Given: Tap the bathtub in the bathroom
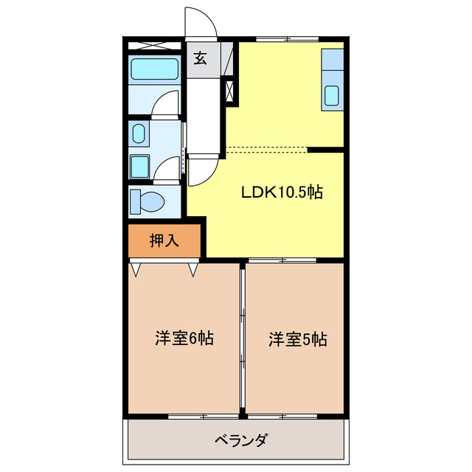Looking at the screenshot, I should coord(154,71).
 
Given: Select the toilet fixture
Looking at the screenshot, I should coord(147,201).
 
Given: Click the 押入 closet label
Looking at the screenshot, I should coord(164,240).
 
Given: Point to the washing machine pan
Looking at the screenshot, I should coord(140,166).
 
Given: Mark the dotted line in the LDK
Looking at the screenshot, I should coord(265,150).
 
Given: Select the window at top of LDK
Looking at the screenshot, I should coord(288,38).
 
